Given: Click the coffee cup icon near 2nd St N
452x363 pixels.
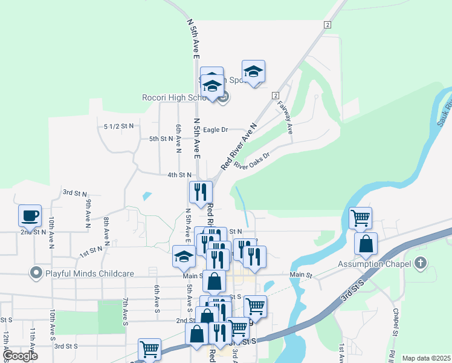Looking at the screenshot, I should [30, 215].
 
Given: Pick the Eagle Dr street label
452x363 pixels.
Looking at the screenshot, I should [215, 129].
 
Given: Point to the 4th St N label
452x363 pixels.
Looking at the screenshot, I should [179, 175].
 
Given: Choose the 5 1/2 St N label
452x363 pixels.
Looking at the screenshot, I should [118, 126].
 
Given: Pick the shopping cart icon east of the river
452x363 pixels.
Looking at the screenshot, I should [361, 218].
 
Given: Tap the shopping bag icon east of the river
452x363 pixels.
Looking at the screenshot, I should [366, 244].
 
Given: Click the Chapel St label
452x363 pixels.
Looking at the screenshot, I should [395, 321].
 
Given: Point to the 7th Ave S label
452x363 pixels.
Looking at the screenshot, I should [126, 310].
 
